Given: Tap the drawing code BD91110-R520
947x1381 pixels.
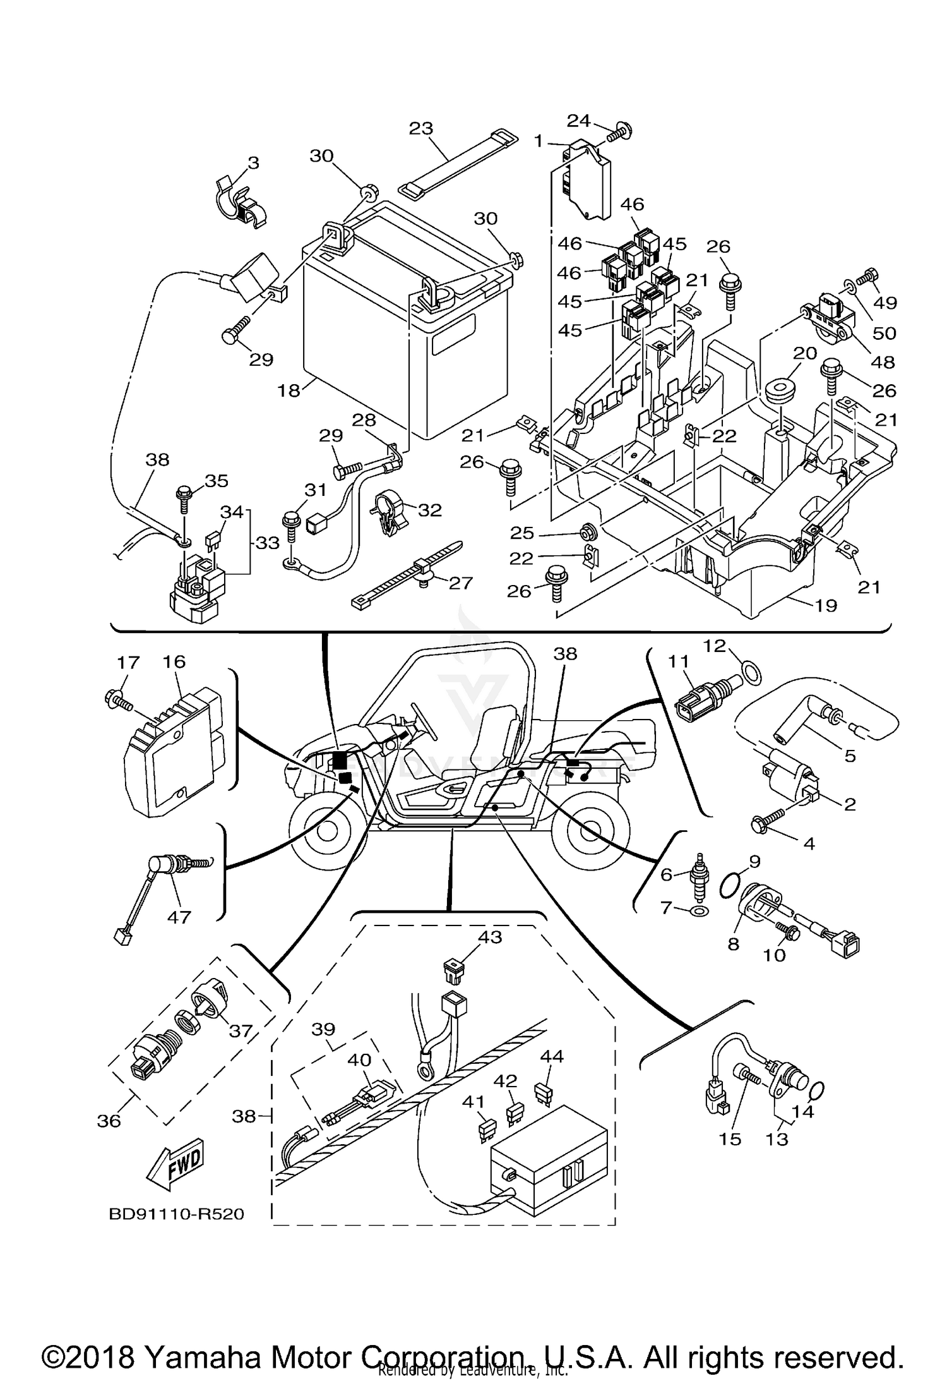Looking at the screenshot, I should [176, 1214].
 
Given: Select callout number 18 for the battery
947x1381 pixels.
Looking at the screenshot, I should [289, 390].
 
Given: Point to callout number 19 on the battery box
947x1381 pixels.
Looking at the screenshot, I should [826, 605].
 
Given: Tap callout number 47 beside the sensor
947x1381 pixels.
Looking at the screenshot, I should [179, 916].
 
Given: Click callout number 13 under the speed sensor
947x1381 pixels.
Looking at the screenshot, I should [777, 1138].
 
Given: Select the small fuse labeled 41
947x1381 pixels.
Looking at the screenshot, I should [486, 1125].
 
